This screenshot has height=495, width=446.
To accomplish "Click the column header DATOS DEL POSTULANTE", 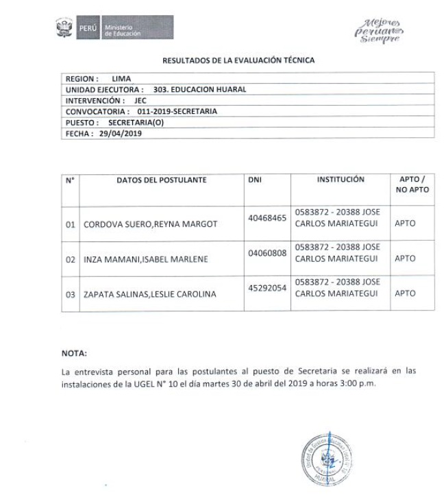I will [x=162, y=180].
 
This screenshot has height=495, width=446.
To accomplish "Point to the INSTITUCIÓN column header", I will [x=340, y=180].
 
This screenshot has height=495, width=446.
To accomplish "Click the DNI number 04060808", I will [x=267, y=254].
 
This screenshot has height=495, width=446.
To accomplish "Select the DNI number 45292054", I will [x=267, y=289].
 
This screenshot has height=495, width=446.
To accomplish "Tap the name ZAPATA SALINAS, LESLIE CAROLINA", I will [x=150, y=294].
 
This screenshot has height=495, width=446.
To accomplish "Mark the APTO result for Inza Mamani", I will [x=405, y=259].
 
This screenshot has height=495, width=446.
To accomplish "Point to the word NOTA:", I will [x=75, y=354].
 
